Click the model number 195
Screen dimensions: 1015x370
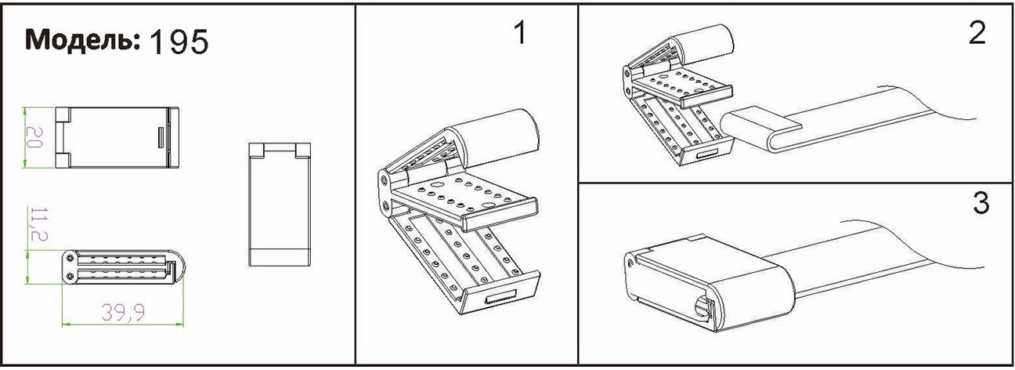point(179,42)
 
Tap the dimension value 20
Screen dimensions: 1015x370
point(34,137)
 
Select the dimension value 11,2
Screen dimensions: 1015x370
point(39,224)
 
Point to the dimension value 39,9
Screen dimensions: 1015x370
point(123,313)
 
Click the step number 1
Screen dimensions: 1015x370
point(521,33)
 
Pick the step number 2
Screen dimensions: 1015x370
point(977,33)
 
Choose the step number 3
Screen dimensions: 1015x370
point(981,203)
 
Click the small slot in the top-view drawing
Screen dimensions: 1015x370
point(161,137)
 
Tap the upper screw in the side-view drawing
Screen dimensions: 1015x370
point(70,259)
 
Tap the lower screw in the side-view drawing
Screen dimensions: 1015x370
point(70,276)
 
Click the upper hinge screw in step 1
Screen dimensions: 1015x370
point(385,180)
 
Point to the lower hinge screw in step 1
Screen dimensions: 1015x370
point(385,207)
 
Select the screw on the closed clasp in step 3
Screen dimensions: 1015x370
point(630,263)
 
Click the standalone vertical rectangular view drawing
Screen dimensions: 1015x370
point(280,204)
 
